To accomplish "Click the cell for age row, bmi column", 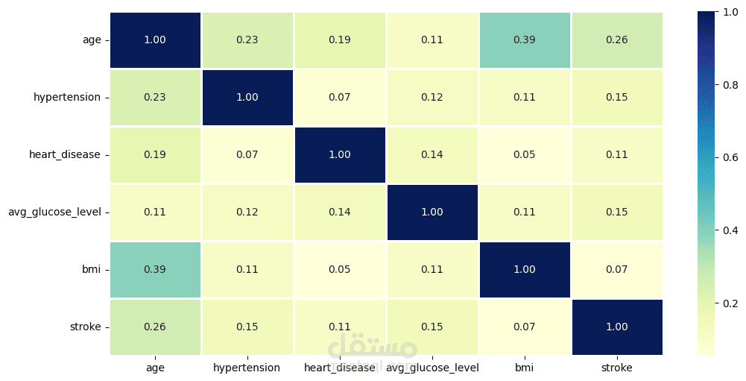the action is point(525,40).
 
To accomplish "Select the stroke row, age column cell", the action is point(155,327).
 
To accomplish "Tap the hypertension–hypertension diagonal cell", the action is point(247,98).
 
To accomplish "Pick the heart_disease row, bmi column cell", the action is point(525,155).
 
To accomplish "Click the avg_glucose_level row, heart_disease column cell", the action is point(340,212).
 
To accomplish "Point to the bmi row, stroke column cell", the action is point(617,270).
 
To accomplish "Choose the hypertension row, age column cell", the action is point(155,98).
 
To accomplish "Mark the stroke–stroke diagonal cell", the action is point(617,327).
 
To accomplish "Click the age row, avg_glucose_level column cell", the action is point(432,40).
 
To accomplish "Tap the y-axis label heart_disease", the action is point(65,155).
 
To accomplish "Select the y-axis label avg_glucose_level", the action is point(54,212).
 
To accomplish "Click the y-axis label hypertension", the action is point(67,98).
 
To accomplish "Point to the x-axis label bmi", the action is point(525,368).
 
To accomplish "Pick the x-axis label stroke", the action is point(617,368).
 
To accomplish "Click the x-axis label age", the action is point(155,368).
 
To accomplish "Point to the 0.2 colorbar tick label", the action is point(730,303).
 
